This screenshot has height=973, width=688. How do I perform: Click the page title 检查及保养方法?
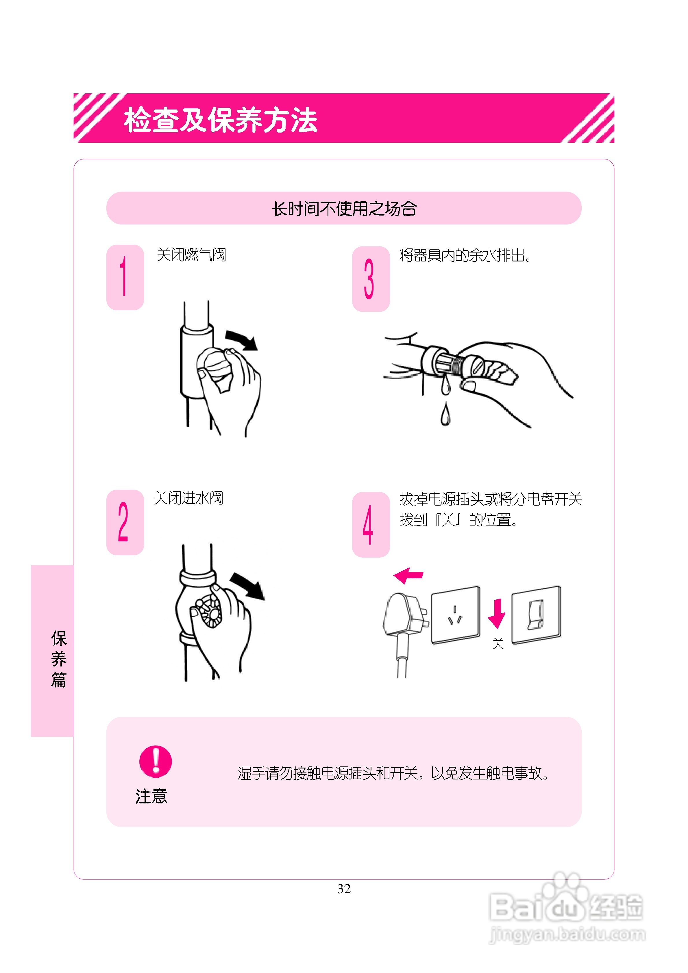point(221,120)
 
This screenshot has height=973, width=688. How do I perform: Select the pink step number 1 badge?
point(125,277)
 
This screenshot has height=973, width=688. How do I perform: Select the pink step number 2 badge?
point(125,522)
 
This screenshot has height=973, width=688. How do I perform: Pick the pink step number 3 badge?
point(370,279)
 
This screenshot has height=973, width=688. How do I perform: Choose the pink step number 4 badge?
point(370,524)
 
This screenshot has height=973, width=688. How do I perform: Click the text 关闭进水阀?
point(188,498)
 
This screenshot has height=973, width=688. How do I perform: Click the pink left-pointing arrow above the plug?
point(408,575)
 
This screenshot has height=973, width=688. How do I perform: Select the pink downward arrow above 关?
point(497,613)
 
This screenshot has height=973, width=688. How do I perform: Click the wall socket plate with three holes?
point(456,614)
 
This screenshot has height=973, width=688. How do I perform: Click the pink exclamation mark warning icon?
point(156,762)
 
